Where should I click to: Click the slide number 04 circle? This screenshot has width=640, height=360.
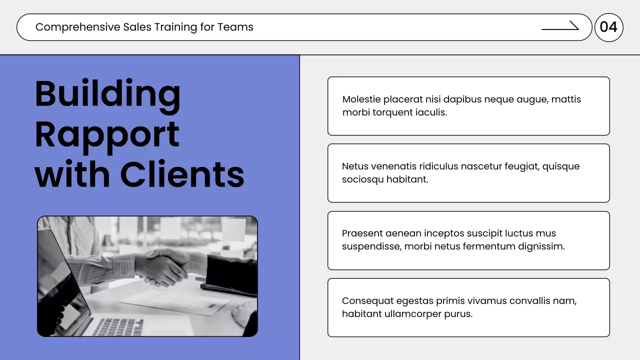tap(608, 27)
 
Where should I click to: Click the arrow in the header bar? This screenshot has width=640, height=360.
tap(560, 27)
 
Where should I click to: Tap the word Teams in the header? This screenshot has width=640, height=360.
tap(235, 27)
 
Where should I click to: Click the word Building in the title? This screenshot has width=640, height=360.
tap(107, 94)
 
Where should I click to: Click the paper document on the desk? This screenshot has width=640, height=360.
tap(175, 300)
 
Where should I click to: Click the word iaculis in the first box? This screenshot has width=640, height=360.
tap(430, 112)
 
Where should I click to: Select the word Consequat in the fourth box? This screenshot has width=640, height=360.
tap(367, 301)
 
